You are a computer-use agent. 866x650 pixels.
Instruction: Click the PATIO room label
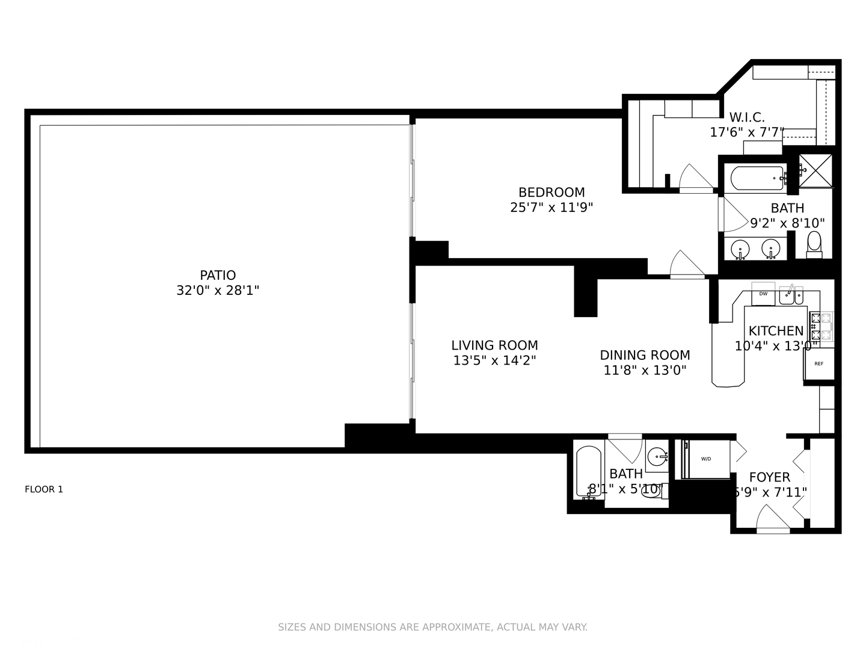[218, 276]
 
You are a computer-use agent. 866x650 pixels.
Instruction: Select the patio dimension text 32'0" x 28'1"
[218, 291]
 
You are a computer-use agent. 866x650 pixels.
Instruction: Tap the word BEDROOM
[551, 193]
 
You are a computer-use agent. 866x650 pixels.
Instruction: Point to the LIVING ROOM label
[494, 345]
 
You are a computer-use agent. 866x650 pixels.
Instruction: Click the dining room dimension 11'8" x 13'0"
[645, 370]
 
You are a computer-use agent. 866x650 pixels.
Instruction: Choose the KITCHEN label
[776, 331]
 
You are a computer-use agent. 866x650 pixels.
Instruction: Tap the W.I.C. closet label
[747, 117]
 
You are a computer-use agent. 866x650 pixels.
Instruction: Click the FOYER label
[769, 477]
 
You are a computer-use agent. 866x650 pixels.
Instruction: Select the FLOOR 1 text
[44, 489]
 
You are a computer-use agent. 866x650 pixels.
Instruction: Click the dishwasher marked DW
[763, 294]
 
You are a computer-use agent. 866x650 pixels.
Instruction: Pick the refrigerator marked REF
[819, 364]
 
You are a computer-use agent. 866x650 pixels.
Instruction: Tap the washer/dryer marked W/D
[706, 459]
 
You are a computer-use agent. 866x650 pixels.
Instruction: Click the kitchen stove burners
[821, 327]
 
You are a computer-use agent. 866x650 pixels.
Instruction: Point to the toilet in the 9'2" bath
[814, 244]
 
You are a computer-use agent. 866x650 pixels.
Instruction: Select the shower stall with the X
[815, 171]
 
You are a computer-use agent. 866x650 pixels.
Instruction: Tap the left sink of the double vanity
[740, 248]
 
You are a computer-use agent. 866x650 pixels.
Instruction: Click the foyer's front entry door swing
[772, 520]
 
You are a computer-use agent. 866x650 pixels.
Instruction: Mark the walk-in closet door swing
[695, 178]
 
